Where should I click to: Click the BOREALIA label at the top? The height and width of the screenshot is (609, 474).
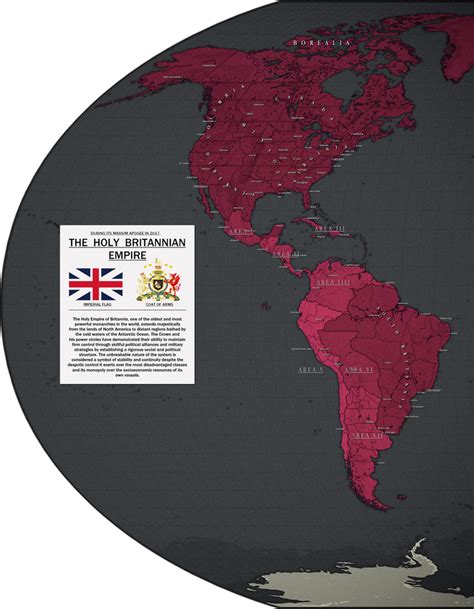point(320,43)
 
